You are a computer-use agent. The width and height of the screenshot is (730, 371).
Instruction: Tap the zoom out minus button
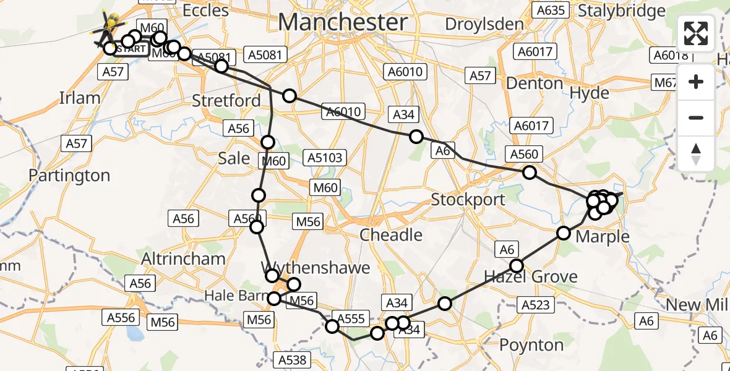(x=696, y=117)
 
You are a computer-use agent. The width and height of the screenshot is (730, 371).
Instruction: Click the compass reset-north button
(x=696, y=153)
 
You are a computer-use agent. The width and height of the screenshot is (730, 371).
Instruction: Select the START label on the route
(x=131, y=49)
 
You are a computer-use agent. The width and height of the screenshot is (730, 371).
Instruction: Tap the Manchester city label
(x=343, y=22)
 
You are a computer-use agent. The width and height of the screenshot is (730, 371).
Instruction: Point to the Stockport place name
(x=468, y=200)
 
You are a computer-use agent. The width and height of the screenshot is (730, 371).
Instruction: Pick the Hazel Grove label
(x=531, y=276)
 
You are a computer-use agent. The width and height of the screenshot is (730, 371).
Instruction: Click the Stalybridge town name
(x=621, y=11)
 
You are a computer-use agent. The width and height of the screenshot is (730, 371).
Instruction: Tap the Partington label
(x=69, y=176)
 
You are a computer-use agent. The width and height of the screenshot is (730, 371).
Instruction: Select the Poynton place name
(x=531, y=344)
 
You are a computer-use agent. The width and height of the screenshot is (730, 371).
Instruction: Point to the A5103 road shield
(x=325, y=158)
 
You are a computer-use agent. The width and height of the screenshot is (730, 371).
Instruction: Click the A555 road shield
(x=351, y=318)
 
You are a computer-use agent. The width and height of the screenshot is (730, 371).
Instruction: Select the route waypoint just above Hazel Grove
(x=517, y=266)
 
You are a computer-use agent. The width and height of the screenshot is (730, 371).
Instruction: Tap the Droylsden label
(x=485, y=25)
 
